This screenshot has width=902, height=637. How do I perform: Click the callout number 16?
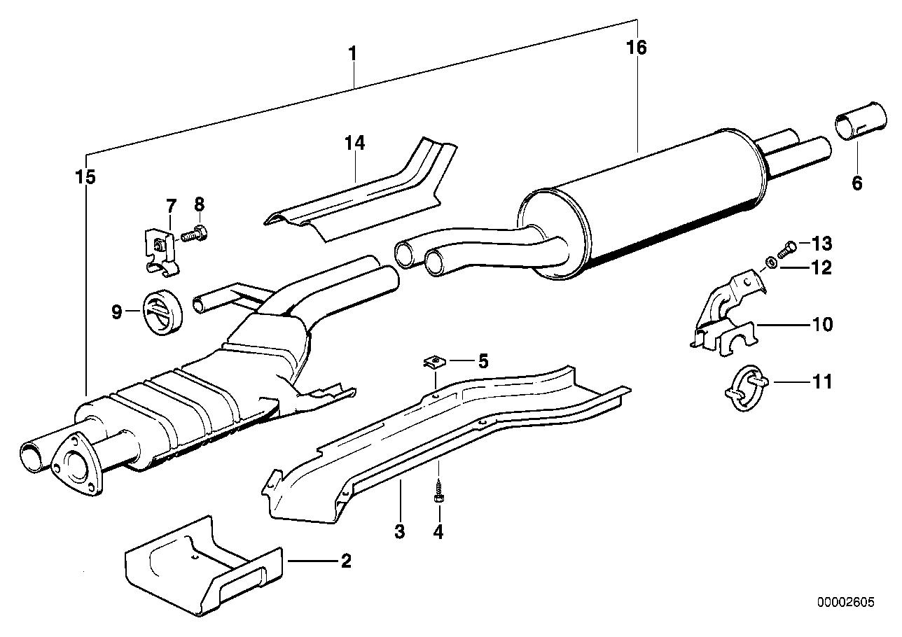637,48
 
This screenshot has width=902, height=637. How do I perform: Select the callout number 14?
354,143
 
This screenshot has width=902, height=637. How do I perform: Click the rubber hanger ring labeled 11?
744,384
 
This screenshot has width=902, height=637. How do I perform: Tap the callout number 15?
85,178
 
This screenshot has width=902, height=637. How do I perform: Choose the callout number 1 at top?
354,52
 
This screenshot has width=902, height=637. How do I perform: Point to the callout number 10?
822,325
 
